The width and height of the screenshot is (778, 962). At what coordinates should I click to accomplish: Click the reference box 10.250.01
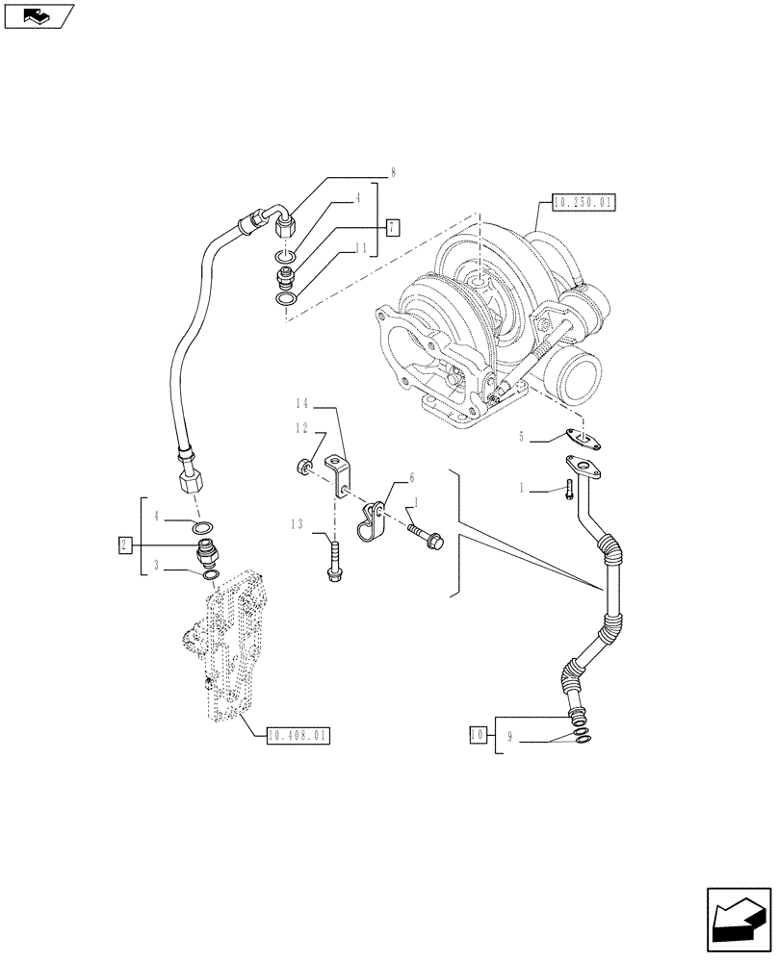pos(583,202)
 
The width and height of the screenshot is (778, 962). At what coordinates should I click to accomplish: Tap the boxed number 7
pos(392,228)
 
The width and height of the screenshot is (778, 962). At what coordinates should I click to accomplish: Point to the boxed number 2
pos(124,545)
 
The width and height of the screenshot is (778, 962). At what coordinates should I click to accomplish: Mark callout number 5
pos(521,438)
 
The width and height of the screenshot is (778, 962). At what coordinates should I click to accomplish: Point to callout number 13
pos(298,524)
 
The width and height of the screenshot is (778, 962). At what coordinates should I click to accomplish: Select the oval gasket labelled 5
pos(584,438)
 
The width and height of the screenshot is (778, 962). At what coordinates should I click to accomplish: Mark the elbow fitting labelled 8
pos(283,225)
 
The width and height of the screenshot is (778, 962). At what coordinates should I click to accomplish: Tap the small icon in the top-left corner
pos(39,16)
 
